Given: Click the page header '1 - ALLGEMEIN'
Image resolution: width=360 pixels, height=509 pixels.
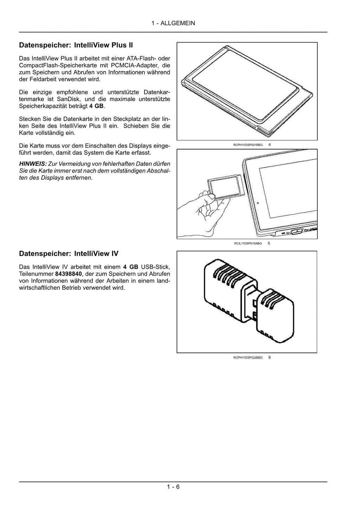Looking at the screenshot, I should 173,23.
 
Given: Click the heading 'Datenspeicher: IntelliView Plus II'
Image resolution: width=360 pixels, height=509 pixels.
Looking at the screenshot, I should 76,45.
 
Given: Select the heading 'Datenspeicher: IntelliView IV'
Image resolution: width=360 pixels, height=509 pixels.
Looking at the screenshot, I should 69,254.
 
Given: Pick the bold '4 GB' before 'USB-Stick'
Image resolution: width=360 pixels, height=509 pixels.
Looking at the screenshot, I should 130,267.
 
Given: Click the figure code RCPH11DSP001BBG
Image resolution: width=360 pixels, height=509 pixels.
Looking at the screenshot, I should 247,145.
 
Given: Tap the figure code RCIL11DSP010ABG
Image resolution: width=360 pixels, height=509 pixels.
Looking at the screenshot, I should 247,243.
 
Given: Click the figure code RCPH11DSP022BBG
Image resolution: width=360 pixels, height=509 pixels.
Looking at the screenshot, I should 247,357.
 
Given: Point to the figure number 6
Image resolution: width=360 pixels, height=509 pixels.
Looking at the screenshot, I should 270,357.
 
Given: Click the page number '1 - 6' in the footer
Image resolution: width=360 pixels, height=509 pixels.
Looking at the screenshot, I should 173,487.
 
